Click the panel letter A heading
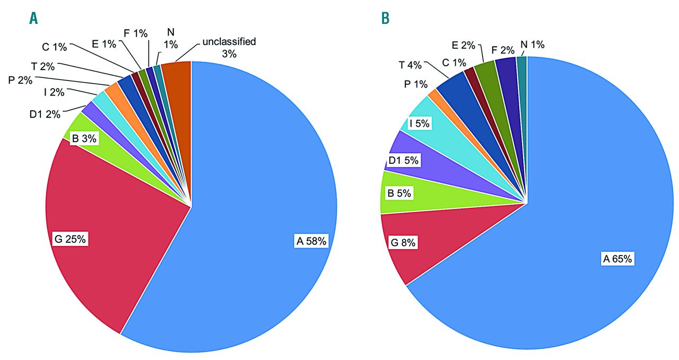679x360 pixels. (x=33, y=19)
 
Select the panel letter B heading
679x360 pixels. (x=386, y=19)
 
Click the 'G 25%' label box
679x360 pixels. (x=71, y=239)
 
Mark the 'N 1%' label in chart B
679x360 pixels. (x=532, y=45)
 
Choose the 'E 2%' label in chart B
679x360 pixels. (x=464, y=46)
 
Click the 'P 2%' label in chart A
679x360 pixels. (x=20, y=80)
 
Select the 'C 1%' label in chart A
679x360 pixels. (x=54, y=47)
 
